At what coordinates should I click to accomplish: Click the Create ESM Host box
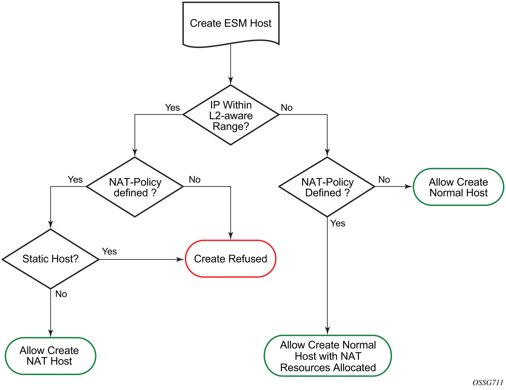(231, 23)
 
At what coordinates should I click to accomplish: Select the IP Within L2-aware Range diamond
(231, 115)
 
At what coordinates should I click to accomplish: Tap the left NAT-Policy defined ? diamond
(135, 187)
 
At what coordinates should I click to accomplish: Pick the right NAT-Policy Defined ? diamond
(327, 187)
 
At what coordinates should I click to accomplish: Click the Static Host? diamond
(50, 259)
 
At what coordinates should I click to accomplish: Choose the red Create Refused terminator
(230, 259)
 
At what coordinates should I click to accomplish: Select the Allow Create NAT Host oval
(50, 356)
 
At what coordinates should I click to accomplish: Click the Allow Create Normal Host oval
(458, 187)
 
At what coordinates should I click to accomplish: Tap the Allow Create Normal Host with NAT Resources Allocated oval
(328, 356)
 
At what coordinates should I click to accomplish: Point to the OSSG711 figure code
(488, 382)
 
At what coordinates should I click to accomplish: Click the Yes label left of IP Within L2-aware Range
(172, 108)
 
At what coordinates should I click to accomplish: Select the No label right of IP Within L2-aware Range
(287, 108)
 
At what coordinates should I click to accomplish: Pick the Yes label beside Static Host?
(109, 251)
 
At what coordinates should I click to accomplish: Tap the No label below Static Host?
(61, 294)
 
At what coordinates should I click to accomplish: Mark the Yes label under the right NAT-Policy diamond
(338, 223)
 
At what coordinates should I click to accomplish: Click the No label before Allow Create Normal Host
(384, 180)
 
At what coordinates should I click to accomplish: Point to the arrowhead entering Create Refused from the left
(181, 259)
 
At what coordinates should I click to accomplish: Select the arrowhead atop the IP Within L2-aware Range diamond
(230, 81)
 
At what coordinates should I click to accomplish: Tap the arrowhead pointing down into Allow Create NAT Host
(50, 333)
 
